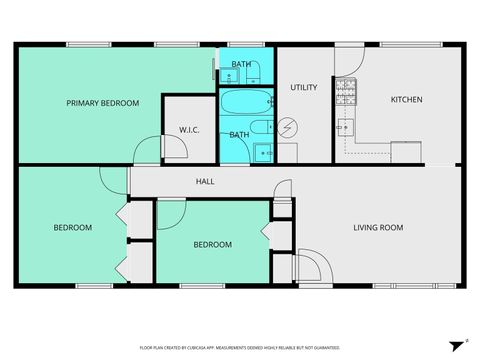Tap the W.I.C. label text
191,130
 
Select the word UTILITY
304,88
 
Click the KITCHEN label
406,99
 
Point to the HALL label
204,181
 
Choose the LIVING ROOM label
378,228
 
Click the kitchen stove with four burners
346,92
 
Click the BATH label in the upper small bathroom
241,65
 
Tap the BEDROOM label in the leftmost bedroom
72,228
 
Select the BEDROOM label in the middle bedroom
212,245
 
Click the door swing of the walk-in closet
172,149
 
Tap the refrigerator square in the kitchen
405,152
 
